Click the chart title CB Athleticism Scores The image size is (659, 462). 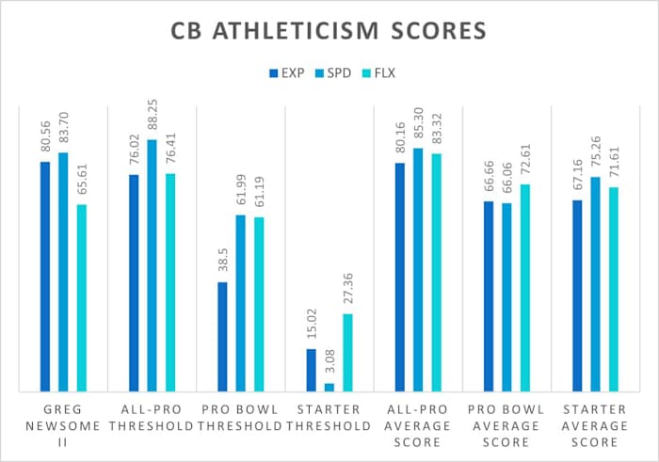pyautogui.click(x=329, y=31)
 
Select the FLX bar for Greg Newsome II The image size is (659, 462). pyautogui.click(x=82, y=297)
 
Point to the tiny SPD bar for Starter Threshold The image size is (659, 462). pyautogui.click(x=329, y=387)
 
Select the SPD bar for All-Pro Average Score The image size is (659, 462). pyautogui.click(x=418, y=269)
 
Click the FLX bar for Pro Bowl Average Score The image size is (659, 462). pyautogui.click(x=525, y=287)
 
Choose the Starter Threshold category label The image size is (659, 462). pyautogui.click(x=329, y=417)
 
